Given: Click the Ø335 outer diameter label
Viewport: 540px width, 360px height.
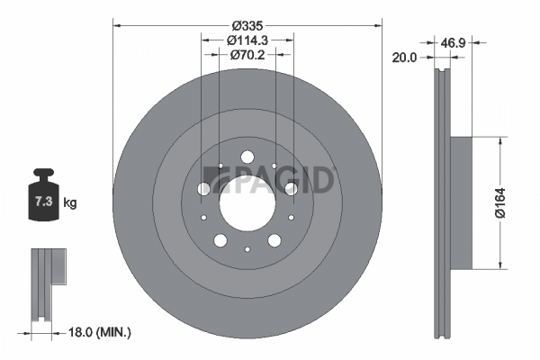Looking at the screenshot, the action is (247, 25).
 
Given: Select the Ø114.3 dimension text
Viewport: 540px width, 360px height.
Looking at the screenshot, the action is (247, 40).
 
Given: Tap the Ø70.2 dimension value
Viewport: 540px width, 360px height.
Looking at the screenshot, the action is (247, 54).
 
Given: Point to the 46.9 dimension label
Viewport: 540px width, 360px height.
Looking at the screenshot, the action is (454, 43).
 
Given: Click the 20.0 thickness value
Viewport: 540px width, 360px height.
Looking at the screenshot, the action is (404, 58).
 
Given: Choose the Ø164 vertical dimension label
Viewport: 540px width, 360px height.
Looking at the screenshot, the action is (500, 202).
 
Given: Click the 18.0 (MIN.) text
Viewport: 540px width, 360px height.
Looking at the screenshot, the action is (100, 332).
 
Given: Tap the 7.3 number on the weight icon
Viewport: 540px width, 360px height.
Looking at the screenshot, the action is (44, 202).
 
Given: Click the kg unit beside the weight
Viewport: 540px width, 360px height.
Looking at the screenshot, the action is (70, 202).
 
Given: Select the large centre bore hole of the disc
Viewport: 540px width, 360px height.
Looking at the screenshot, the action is (247, 203).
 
